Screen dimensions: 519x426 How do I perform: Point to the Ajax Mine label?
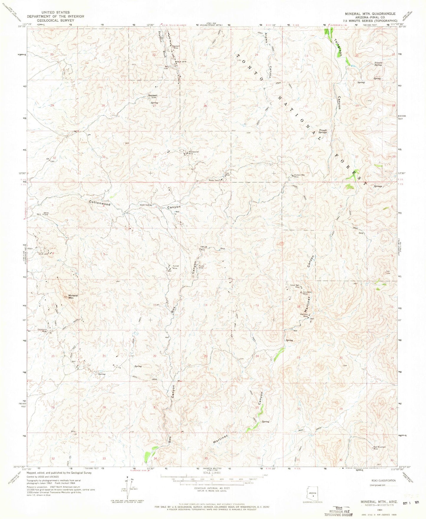tap(227, 174)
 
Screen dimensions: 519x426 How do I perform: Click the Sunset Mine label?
tap(175, 267)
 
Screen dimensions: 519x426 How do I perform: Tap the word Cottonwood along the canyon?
tap(100, 204)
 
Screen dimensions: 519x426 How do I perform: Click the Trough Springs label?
tap(323, 131)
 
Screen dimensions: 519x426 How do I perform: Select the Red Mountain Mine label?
tap(379, 448)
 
